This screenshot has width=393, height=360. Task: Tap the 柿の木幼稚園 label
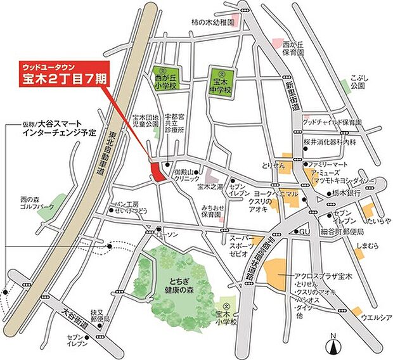tap(212, 22)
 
